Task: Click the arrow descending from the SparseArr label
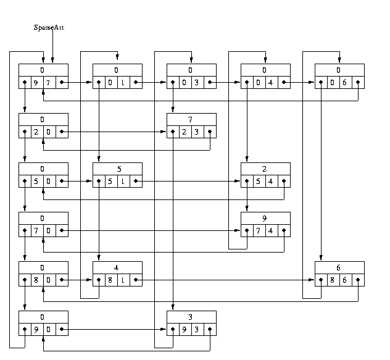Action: point(52,46)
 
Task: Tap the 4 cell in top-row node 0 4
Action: point(270,82)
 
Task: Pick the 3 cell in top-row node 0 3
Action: point(196,82)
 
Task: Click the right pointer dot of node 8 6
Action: point(358,279)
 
